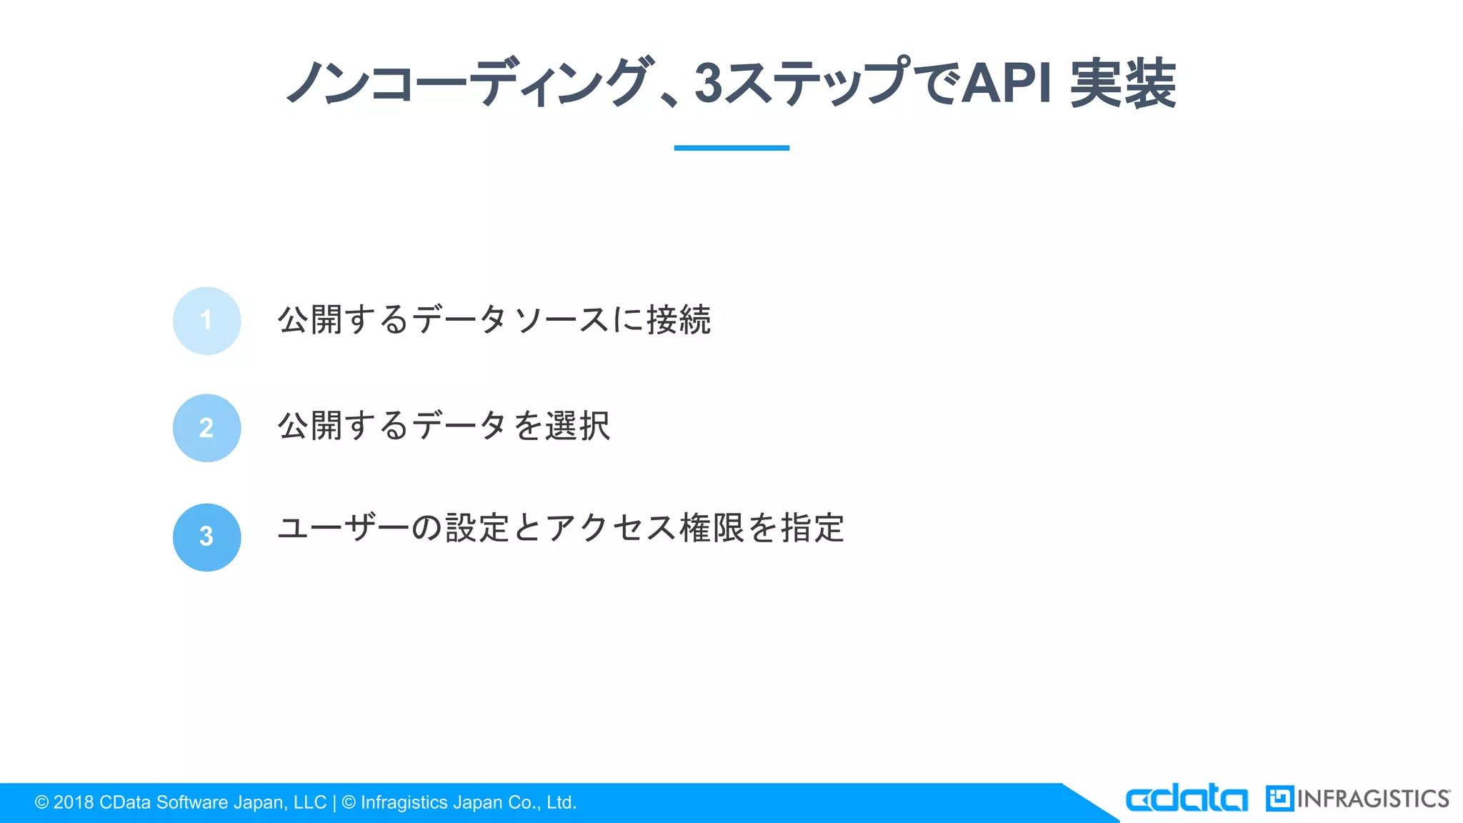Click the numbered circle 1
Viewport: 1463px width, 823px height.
click(x=206, y=321)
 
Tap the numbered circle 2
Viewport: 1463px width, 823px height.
click(x=206, y=428)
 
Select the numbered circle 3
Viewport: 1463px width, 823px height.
click(x=206, y=537)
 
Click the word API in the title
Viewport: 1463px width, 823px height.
click(x=1007, y=84)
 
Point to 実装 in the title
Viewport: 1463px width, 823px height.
click(x=1123, y=84)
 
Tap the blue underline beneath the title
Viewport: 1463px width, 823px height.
click(x=731, y=148)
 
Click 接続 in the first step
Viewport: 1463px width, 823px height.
click(x=679, y=319)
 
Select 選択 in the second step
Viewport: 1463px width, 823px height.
click(x=577, y=427)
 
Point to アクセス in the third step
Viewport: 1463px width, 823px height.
click(x=611, y=529)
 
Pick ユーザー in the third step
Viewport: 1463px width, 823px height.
click(x=343, y=529)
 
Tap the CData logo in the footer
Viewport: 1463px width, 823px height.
click(x=1187, y=799)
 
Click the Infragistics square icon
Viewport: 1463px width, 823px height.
click(x=1279, y=799)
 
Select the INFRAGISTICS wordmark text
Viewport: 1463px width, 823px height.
click(x=1373, y=799)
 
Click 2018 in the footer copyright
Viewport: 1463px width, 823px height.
click(x=74, y=803)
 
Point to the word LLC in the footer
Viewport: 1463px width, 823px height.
click(x=310, y=803)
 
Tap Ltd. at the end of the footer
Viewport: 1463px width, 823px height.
click(x=561, y=803)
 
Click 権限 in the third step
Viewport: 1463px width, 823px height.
click(x=712, y=529)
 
